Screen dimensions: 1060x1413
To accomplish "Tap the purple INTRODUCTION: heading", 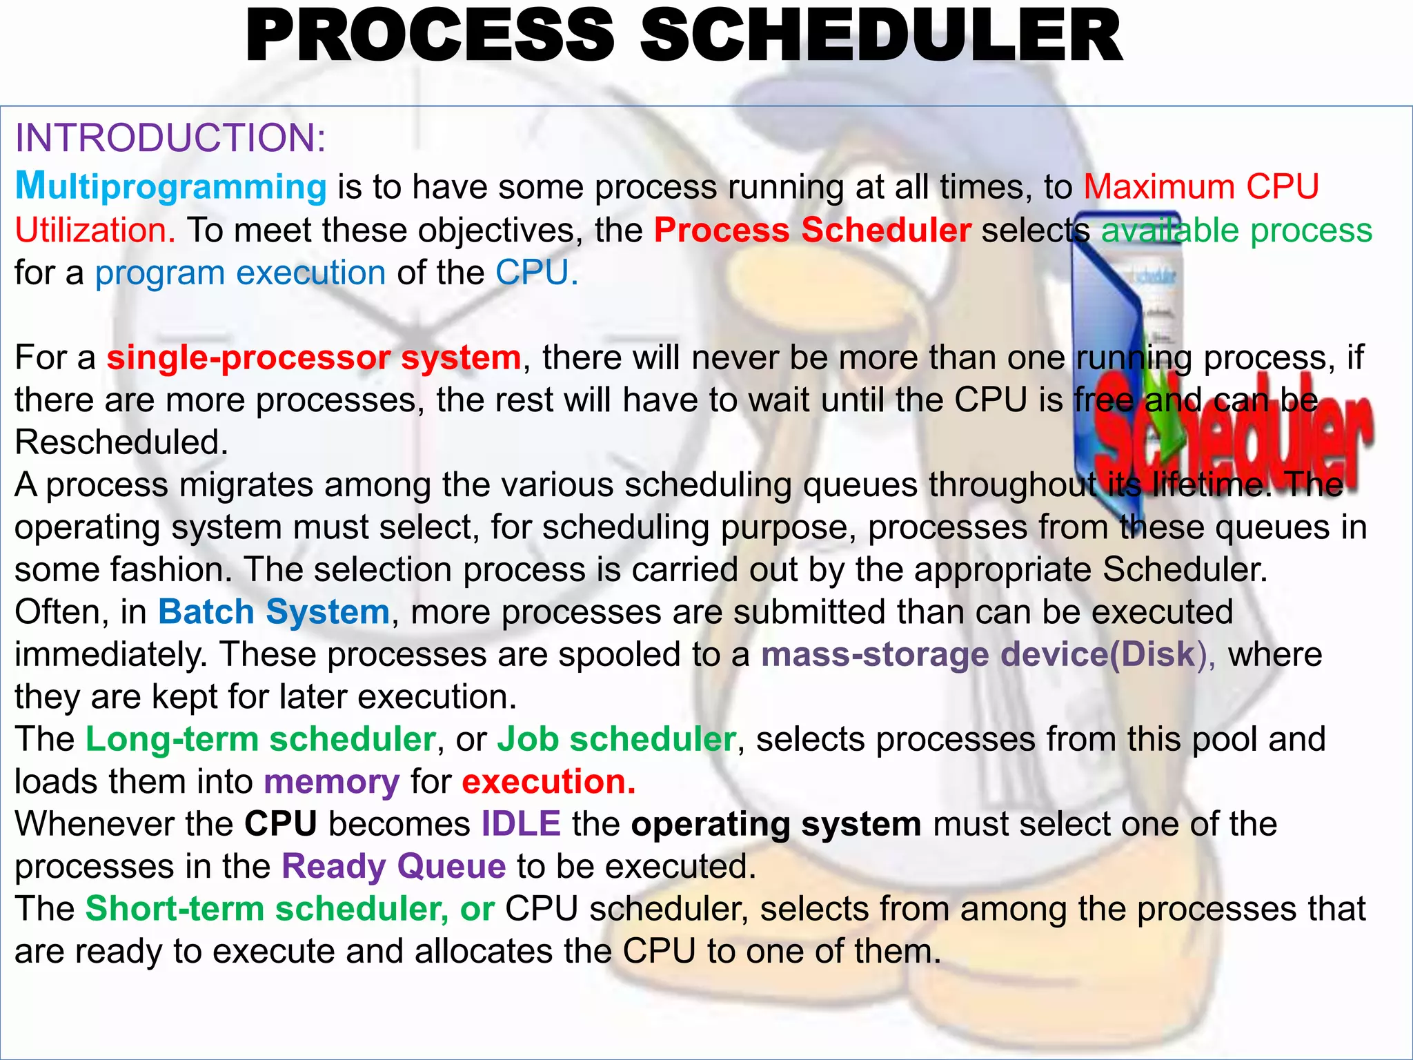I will click(x=170, y=137).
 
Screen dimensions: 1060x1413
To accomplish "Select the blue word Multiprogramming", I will click(x=170, y=187).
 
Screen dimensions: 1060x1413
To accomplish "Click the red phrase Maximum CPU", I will click(x=1200, y=187).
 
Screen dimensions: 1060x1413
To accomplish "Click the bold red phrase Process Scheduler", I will click(x=812, y=230).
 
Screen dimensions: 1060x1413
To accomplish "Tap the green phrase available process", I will click(x=1236, y=230).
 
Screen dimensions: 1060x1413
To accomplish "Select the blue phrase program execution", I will click(x=240, y=273).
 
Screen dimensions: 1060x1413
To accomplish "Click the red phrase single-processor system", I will click(x=314, y=358).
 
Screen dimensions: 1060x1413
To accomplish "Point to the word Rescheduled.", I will click(x=121, y=442).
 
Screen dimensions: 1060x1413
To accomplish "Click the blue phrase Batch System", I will click(x=274, y=612).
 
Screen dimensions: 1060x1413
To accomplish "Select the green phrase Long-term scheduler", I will click(x=260, y=739).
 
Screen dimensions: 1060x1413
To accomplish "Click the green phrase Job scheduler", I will click(x=617, y=739).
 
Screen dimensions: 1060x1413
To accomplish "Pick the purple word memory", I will click(x=331, y=782).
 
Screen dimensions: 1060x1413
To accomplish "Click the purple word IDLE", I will click(x=521, y=824).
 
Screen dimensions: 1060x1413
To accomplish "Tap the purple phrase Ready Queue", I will click(x=394, y=867).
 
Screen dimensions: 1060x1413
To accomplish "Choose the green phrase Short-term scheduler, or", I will click(x=290, y=909).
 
